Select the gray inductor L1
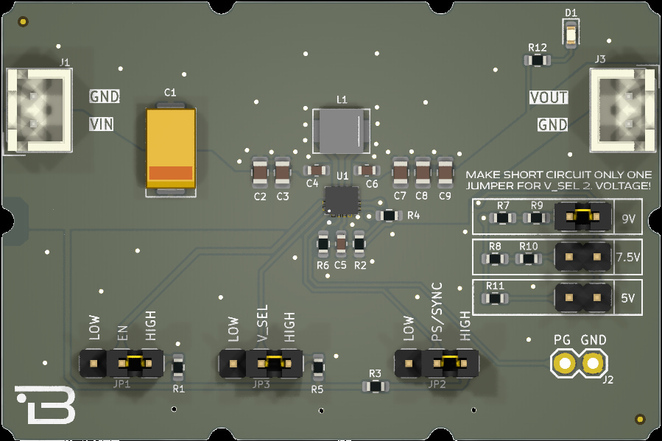(x=340, y=131)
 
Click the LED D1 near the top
(x=570, y=33)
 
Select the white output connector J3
(x=623, y=110)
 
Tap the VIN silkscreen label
(x=102, y=124)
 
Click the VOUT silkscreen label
(x=549, y=97)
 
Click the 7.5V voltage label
(x=628, y=258)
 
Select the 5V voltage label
(x=628, y=299)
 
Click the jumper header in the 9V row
(x=582, y=217)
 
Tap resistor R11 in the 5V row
(x=496, y=298)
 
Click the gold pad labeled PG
(x=564, y=363)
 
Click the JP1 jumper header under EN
(x=122, y=362)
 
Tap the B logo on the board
(x=46, y=404)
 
